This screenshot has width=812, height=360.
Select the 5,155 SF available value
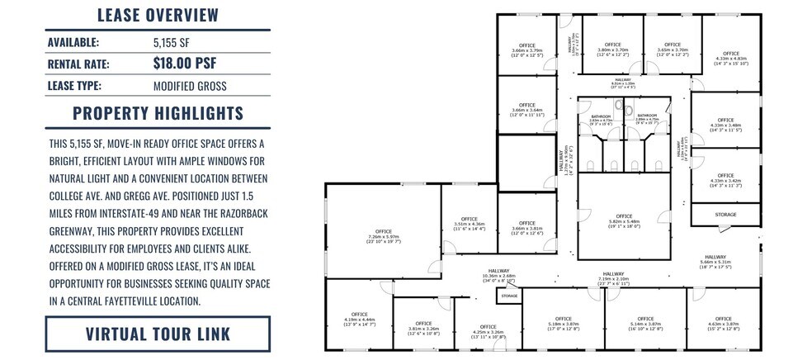pos(170,41)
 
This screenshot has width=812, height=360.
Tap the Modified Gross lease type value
pos(190,86)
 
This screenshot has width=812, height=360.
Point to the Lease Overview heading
pos(158,15)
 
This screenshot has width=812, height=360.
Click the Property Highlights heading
pos(158,113)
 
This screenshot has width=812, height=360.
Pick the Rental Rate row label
pos(78,64)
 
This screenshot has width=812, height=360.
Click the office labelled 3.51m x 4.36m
pos(469,220)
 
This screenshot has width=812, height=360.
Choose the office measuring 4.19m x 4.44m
pos(359,318)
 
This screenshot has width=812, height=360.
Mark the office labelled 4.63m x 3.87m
pos(723,322)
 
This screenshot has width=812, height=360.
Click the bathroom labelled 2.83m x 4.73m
pos(602,121)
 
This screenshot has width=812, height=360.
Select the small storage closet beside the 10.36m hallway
pos(509,295)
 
